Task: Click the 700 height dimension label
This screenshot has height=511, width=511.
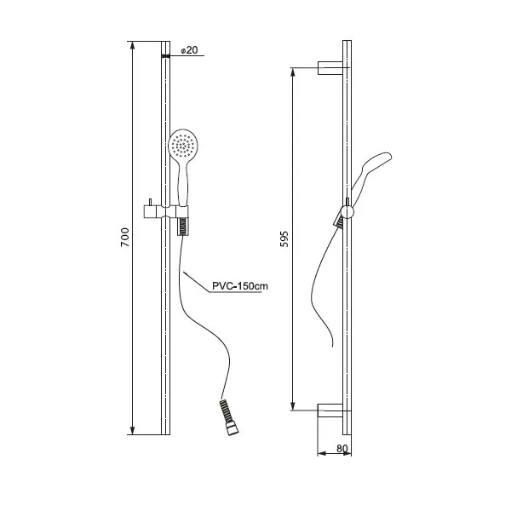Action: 125,238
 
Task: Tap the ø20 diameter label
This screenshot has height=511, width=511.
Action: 189,50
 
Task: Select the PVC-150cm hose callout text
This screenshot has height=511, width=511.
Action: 240,286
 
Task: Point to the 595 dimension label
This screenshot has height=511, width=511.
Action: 284,238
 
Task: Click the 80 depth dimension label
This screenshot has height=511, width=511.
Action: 342,449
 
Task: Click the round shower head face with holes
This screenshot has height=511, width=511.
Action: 183,144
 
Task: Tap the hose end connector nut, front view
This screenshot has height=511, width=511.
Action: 233,429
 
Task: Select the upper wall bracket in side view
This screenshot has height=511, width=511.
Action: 330,68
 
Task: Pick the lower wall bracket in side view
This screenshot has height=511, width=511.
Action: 330,411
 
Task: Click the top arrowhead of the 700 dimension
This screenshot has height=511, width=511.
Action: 132,46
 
